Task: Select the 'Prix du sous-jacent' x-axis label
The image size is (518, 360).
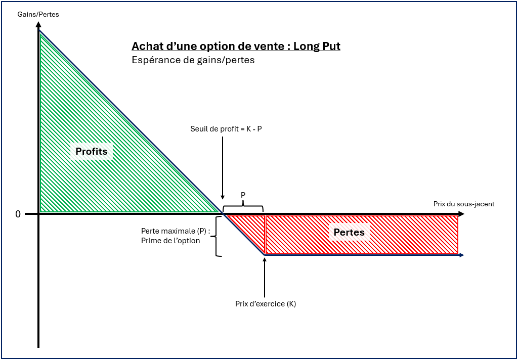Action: click(463, 204)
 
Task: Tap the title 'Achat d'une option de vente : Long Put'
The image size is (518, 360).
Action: click(236, 47)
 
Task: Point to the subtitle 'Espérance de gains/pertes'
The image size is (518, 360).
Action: click(193, 60)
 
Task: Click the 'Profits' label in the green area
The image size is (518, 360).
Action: click(92, 151)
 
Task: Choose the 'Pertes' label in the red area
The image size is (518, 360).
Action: click(349, 232)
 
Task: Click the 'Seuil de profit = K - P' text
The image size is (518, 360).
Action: click(226, 129)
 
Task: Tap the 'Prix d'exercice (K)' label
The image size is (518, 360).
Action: click(265, 304)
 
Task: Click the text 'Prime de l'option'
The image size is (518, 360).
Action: click(170, 241)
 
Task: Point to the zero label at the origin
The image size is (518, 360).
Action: click(18, 214)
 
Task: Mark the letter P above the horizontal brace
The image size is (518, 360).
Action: click(243, 194)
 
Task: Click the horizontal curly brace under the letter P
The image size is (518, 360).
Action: click(243, 206)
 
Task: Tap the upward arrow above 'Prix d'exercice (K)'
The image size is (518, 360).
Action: click(265, 278)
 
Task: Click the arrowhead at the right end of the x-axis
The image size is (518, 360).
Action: click(461, 214)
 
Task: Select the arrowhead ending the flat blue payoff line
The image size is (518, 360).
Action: click(461, 255)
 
